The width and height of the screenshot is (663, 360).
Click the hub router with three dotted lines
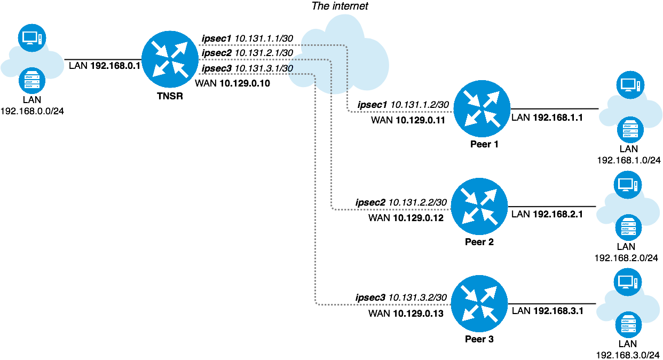point(170,59)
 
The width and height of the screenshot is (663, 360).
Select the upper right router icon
point(482,108)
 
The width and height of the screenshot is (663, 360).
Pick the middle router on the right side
point(479,206)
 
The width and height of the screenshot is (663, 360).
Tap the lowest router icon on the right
point(479,303)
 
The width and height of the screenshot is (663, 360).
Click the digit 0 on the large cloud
point(290,68)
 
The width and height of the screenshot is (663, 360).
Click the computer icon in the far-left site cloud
point(31,38)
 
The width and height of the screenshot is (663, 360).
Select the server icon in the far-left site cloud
point(32,81)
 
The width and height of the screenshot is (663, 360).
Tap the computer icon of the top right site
point(630,85)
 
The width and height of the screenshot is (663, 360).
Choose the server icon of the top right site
point(630,130)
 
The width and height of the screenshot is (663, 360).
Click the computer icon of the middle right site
point(627,185)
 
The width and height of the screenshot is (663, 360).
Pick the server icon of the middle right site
point(628,228)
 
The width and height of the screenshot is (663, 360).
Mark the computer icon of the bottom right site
point(627,282)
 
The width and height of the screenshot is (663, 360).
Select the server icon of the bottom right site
point(628,325)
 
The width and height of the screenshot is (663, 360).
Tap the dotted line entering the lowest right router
point(384,304)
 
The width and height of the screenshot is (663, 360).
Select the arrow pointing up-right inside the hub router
point(180,49)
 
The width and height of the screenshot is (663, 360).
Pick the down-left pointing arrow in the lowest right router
point(470,313)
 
